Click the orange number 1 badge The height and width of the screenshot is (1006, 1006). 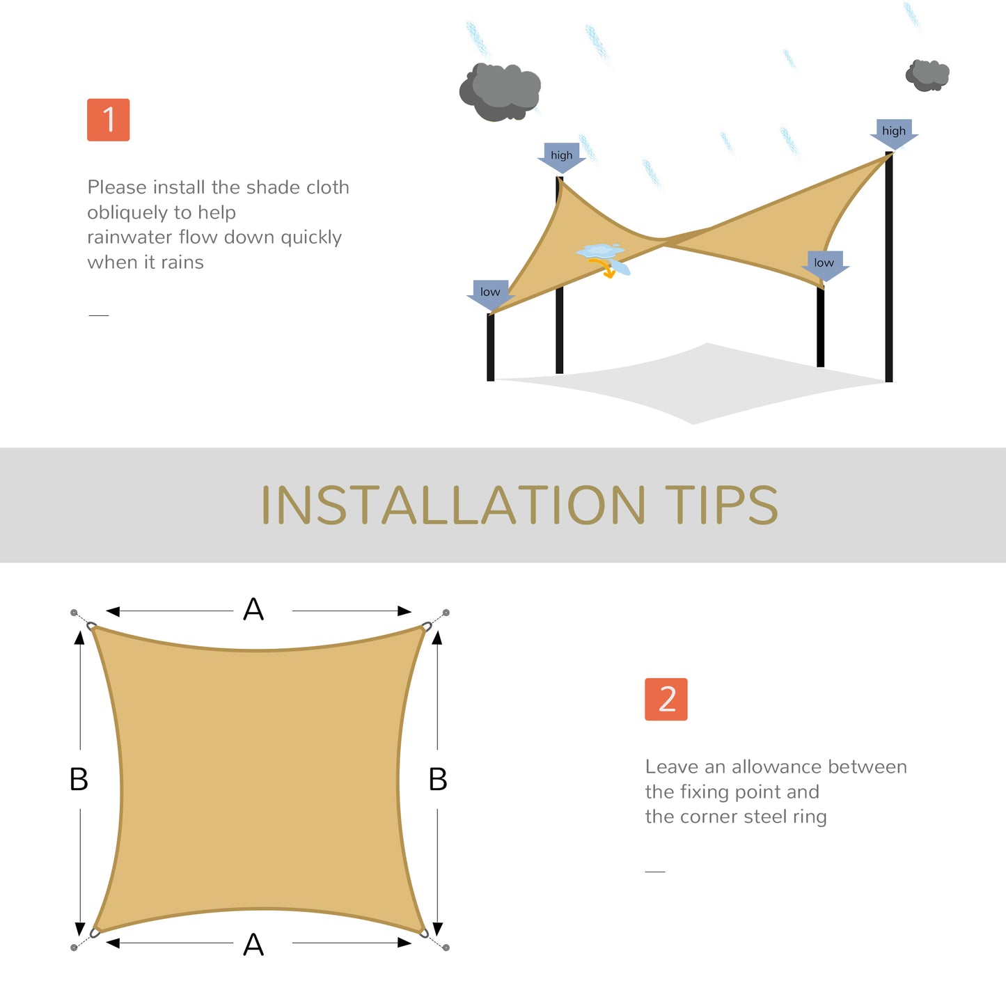click(x=108, y=120)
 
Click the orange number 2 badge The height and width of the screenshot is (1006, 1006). click(x=666, y=699)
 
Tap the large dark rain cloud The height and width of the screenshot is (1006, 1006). click(x=500, y=91)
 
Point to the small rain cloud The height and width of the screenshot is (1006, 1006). click(x=927, y=74)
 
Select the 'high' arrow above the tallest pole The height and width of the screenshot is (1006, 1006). click(x=894, y=133)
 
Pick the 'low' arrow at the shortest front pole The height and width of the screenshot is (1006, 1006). click(x=491, y=294)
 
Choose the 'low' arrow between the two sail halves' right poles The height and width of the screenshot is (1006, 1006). click(x=824, y=265)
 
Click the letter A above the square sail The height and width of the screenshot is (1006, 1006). click(x=253, y=610)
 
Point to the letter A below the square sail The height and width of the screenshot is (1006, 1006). click(x=253, y=945)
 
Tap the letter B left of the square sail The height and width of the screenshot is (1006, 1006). click(x=79, y=779)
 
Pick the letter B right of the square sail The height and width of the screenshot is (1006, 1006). click(x=438, y=779)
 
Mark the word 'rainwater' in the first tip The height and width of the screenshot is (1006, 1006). click(x=129, y=237)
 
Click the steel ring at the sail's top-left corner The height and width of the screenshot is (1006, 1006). click(x=91, y=626)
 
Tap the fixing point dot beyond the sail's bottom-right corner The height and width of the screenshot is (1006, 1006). click(x=446, y=948)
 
